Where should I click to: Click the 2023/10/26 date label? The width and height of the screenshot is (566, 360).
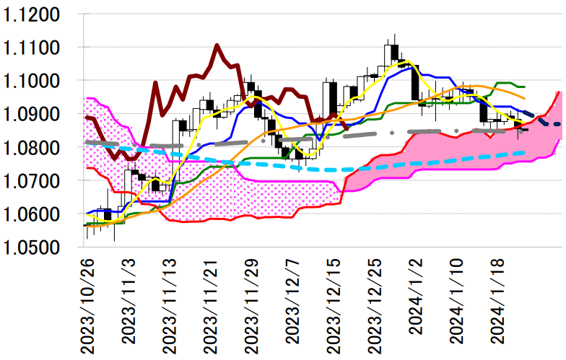coord(87,306)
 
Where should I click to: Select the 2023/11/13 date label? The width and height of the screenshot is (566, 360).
coord(169,306)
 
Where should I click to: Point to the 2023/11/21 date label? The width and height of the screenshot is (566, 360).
coord(210,306)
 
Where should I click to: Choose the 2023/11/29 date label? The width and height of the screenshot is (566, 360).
coord(251,306)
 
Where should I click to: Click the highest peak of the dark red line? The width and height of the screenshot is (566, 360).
coord(217,45)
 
